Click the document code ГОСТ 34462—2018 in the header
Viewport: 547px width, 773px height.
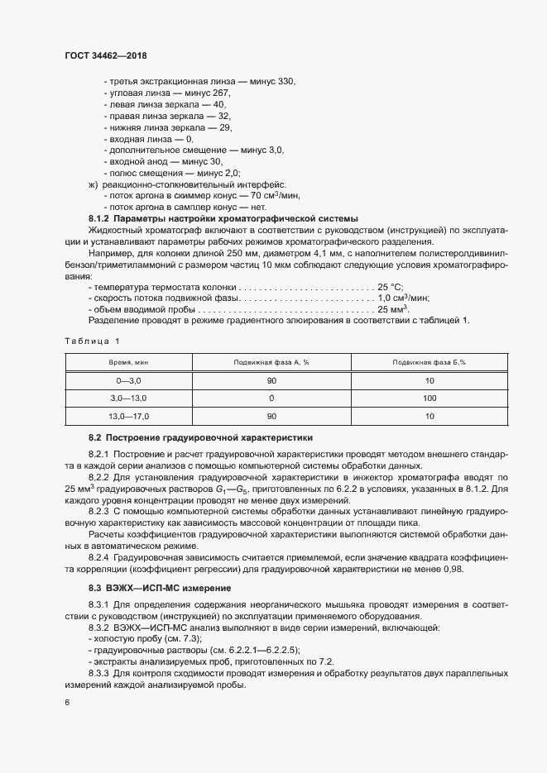tap(105, 55)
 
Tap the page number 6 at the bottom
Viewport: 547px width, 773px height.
tap(67, 703)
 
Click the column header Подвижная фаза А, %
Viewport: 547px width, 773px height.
tap(271, 363)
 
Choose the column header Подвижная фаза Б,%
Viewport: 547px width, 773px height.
tap(429, 363)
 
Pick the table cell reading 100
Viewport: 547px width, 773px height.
tap(429, 399)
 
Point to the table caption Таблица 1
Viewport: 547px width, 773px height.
tap(92, 341)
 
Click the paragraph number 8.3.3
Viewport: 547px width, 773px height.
tap(101, 674)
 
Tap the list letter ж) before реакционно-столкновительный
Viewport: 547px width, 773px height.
tap(92, 184)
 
